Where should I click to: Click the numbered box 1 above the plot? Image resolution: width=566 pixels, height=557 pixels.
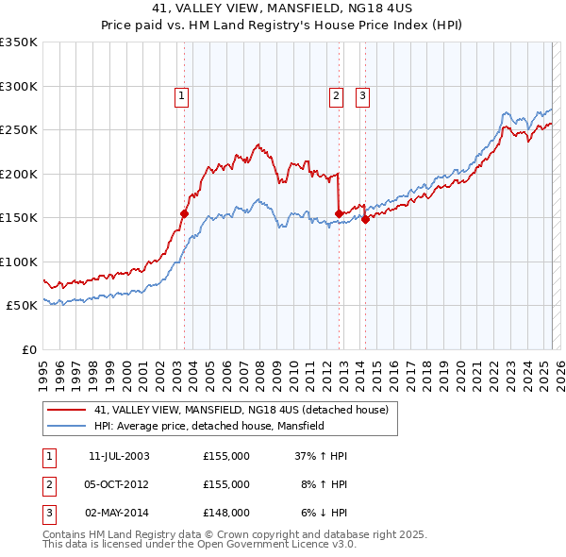[x=180, y=94]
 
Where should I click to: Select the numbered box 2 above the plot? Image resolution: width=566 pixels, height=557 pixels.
[x=336, y=94]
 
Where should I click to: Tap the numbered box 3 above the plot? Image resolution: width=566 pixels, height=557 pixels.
[x=362, y=94]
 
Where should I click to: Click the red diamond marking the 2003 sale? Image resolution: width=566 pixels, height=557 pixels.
[x=185, y=213]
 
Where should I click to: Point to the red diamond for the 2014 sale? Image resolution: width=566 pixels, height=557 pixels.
[x=365, y=219]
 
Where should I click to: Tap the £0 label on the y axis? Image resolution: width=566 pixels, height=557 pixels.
[x=28, y=349]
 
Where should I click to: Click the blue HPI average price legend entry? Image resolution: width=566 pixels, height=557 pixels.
[x=208, y=426]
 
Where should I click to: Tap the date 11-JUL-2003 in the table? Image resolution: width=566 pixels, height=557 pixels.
[x=119, y=456]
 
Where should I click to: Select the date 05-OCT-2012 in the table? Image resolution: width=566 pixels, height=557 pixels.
[x=119, y=484]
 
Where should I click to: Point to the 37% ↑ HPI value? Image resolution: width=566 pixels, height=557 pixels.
[x=321, y=456]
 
